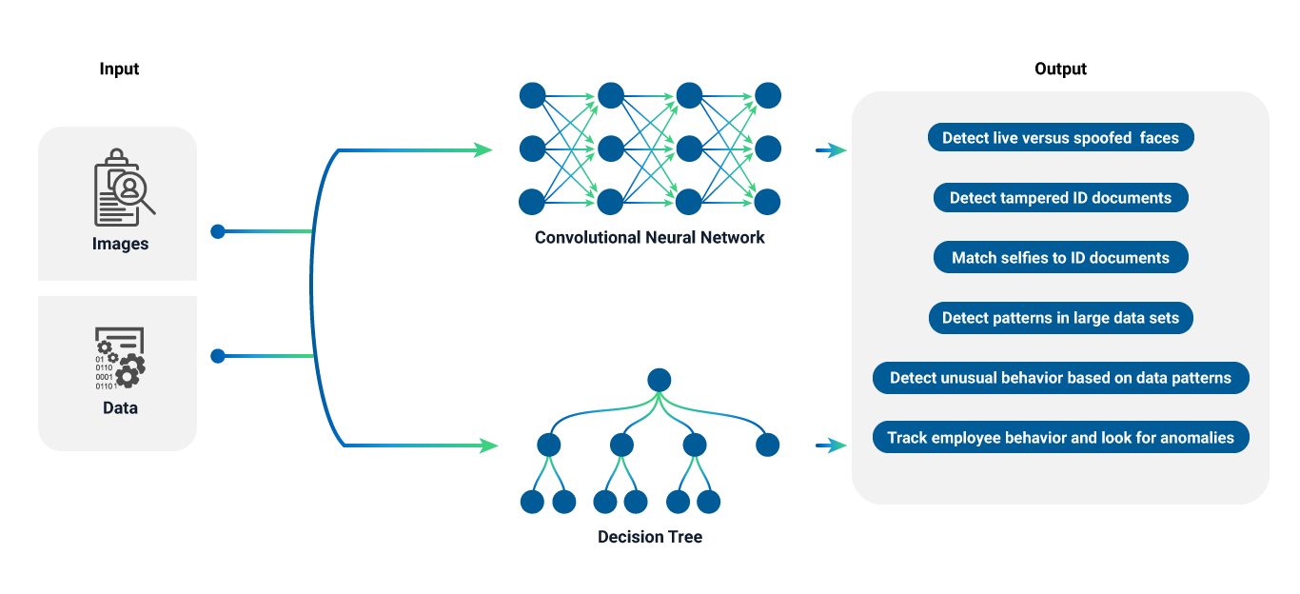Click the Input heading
coord(119,69)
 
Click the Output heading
coord(1060,69)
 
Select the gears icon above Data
coord(120,359)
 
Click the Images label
coord(120,244)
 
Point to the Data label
coord(120,407)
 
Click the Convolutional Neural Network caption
coord(649,237)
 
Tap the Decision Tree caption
coord(649,537)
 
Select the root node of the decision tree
coord(659,380)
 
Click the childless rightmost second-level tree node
coord(767,445)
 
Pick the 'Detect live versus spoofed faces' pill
coord(1060,138)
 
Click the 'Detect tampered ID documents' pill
coord(1060,198)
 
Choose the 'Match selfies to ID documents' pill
coord(1060,258)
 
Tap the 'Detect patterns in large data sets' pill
coord(1060,318)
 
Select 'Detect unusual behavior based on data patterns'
coord(1060,378)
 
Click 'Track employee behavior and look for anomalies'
coord(1060,438)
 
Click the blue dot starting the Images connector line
coord(217,230)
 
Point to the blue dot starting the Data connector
coord(217,356)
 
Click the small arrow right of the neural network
coord(831,150)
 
